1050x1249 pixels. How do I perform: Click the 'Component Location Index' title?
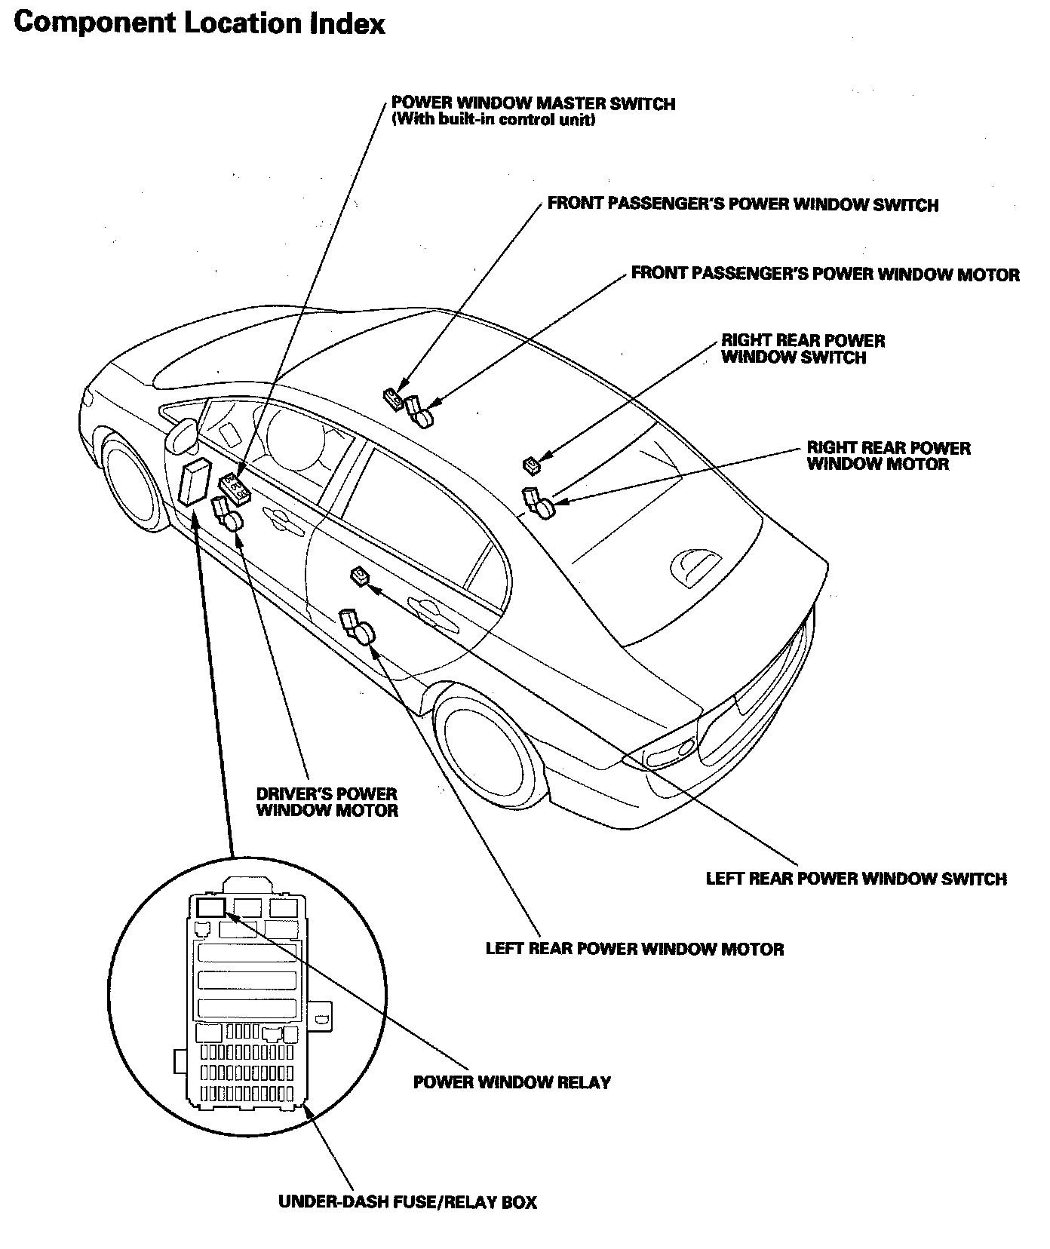coord(199,24)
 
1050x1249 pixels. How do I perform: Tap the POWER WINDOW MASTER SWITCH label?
coord(533,104)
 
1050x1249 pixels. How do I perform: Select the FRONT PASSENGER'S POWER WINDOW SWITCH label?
coord(742,204)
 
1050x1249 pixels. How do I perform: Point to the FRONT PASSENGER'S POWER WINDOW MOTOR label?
coord(824,274)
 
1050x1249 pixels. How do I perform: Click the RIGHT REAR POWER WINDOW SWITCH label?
coord(803,349)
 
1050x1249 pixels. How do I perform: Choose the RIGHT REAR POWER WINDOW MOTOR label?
coord(888,456)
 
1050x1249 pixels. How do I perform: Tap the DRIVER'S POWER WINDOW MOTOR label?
coord(327,802)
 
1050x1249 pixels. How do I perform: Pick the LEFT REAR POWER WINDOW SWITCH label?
coord(855,879)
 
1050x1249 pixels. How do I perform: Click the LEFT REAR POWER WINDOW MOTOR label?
coord(634,949)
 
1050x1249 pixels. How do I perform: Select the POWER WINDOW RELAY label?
coord(511,1082)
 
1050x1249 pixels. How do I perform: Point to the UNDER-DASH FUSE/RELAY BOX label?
coord(407,1202)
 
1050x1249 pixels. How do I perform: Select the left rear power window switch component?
coord(361,578)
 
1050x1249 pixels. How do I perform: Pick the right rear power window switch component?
coord(532,465)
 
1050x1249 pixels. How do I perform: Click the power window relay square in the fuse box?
coord(211,907)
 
